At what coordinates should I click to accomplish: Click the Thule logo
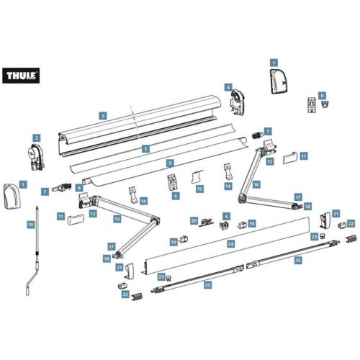pyautogui.click(x=21, y=76)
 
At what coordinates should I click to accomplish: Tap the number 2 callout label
pyautogui.click(x=37, y=138)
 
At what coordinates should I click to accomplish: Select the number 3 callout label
pyautogui.click(x=103, y=116)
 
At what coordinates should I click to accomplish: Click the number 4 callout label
pyautogui.click(x=228, y=87)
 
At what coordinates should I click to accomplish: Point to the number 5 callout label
pyautogui.click(x=145, y=149)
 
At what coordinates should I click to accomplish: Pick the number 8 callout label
pyautogui.click(x=79, y=188)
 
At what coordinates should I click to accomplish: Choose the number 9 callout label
pyautogui.click(x=170, y=163)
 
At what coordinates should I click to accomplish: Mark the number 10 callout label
pyautogui.click(x=31, y=225)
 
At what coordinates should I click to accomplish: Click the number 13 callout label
pyautogui.click(x=117, y=219)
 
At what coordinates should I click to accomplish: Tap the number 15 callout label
pyautogui.click(x=199, y=189)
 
